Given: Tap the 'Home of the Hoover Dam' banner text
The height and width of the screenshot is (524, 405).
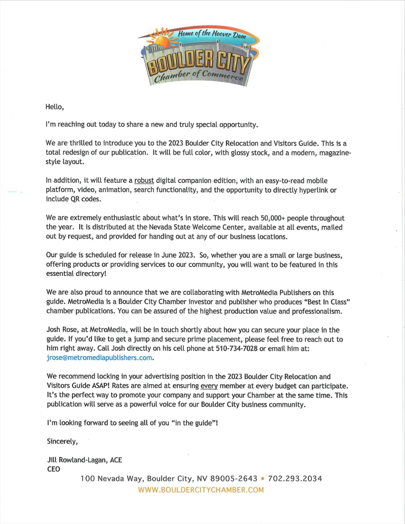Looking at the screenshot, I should click(x=212, y=35).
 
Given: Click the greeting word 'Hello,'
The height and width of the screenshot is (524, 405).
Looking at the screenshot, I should click(x=55, y=107).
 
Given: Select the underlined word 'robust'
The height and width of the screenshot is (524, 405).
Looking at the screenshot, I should click(x=144, y=181).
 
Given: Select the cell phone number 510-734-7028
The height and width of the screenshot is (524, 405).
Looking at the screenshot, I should click(x=237, y=349).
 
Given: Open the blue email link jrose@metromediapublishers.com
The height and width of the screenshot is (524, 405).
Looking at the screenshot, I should click(x=99, y=358).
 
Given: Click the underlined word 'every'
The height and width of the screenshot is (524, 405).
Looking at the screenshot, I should click(x=209, y=386).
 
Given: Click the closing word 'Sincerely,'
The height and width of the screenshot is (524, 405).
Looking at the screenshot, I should click(x=62, y=441).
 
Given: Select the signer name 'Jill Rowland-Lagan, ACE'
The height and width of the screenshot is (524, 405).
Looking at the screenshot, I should click(x=84, y=460).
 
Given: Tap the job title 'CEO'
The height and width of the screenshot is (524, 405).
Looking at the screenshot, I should click(x=54, y=469).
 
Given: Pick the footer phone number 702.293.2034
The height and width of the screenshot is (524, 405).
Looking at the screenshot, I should click(x=295, y=478).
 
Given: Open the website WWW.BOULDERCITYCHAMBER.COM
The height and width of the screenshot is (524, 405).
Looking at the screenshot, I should click(x=201, y=490).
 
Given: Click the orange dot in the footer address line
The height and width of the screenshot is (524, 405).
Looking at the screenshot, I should click(x=263, y=478).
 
